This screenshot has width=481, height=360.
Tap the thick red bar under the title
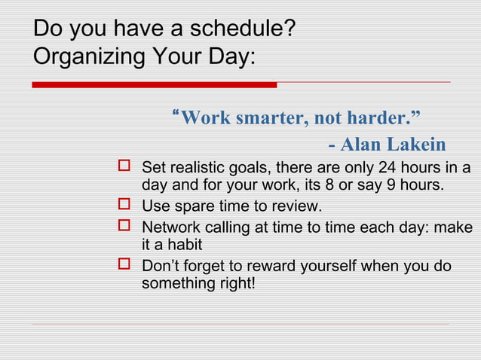click(154, 85)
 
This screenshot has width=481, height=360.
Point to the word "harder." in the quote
click(388, 118)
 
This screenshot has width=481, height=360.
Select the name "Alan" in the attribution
click(369, 144)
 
